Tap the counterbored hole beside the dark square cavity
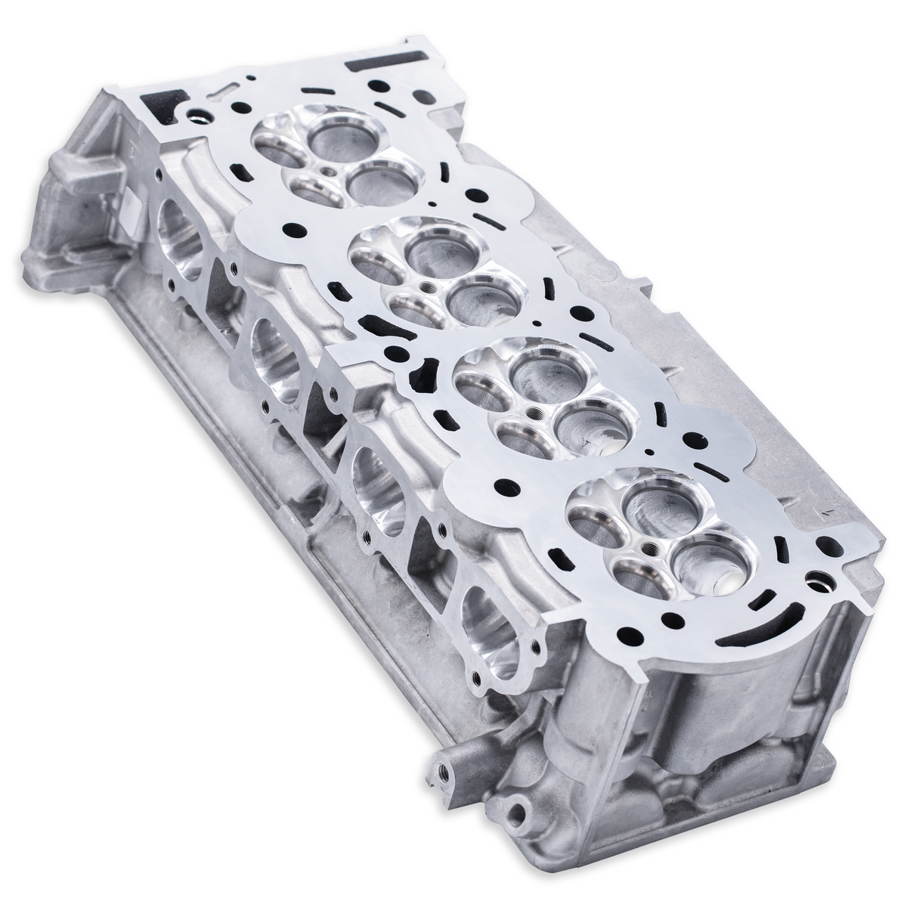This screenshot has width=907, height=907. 201,117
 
